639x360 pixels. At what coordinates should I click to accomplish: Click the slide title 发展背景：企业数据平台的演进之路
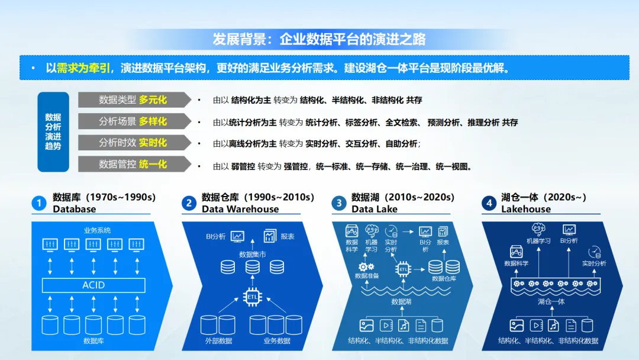click(319, 40)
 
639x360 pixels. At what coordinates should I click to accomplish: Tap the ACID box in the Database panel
click(93, 285)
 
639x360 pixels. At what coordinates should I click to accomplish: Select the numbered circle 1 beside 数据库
click(39, 204)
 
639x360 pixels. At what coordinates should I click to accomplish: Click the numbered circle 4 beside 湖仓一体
click(489, 204)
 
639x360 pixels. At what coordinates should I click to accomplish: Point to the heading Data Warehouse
click(240, 209)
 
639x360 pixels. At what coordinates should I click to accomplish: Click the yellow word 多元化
click(153, 100)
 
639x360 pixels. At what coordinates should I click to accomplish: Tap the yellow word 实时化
click(153, 143)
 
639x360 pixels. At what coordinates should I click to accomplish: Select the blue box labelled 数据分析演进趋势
click(53, 132)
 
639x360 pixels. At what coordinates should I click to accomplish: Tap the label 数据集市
click(253, 254)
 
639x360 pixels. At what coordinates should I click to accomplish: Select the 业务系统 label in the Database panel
click(97, 230)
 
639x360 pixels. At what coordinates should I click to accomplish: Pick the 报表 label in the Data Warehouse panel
click(288, 236)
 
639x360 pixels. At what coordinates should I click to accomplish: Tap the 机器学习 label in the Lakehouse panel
click(538, 241)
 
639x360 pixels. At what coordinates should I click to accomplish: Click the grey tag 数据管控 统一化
click(134, 164)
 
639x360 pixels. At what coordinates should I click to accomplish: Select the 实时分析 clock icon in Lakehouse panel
click(594, 252)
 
